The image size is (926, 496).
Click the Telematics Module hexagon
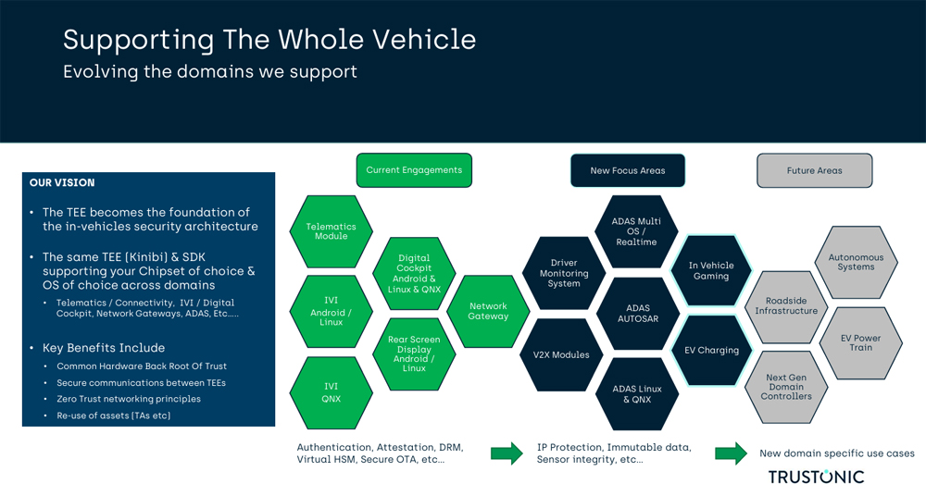point(331,230)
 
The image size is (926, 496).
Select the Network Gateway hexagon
point(488,312)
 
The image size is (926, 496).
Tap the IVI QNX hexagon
point(331,392)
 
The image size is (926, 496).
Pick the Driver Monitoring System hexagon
point(564,273)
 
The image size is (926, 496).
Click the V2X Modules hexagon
point(561,354)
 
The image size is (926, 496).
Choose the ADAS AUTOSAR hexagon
point(637,314)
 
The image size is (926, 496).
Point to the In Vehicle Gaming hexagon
point(711,270)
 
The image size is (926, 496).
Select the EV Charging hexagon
point(711,351)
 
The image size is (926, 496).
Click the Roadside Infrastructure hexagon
point(786,306)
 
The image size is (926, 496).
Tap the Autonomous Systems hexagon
point(856,262)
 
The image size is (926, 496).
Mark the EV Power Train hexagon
point(861,342)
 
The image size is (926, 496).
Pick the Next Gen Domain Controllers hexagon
point(787,387)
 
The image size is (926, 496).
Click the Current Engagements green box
point(414,170)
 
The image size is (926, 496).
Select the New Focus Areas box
point(627,170)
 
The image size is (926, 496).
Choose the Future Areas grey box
point(814,170)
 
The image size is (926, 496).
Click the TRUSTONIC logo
point(816,477)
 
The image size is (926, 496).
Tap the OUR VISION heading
point(62,183)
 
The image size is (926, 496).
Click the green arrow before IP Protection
point(506,453)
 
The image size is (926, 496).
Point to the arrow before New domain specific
point(731,453)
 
